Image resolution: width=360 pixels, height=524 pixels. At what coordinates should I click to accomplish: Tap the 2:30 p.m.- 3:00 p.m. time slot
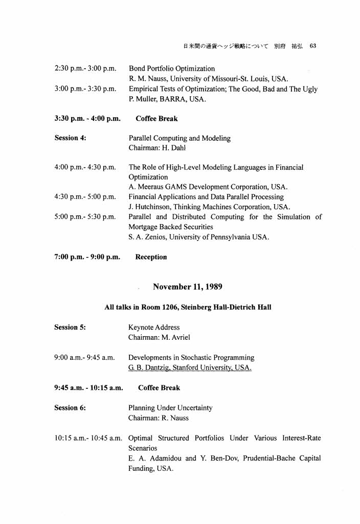click(85, 69)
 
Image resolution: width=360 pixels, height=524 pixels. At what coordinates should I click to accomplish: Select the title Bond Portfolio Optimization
click(172, 69)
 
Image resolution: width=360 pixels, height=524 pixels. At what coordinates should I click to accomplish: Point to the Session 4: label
click(70, 138)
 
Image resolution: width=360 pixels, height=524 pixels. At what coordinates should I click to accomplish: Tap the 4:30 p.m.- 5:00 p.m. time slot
click(85, 197)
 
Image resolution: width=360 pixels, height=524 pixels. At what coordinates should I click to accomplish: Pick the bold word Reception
click(151, 257)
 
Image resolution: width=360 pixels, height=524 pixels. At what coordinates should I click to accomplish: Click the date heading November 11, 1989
click(187, 287)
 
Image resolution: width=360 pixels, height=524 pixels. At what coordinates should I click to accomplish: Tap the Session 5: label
click(70, 327)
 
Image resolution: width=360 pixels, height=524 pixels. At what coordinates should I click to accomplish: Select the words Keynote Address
click(154, 327)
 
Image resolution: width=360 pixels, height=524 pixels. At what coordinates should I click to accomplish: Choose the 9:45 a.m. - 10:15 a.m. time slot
click(88, 388)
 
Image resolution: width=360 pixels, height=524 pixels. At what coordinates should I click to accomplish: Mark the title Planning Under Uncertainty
click(170, 408)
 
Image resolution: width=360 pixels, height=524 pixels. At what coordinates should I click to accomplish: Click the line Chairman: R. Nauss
click(158, 418)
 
